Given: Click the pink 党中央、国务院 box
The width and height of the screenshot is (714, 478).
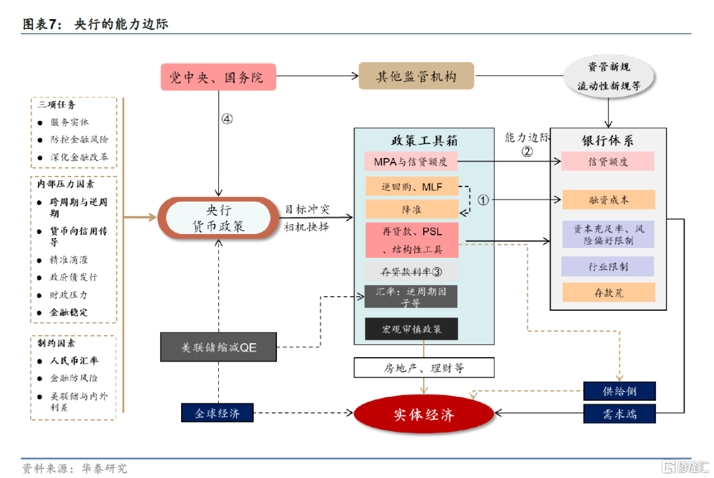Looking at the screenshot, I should click(218, 77).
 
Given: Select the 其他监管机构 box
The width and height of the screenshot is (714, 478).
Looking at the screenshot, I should click(416, 77).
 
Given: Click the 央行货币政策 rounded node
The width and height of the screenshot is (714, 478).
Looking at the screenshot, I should click(219, 218).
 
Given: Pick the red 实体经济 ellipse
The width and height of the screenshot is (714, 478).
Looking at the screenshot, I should click(424, 415).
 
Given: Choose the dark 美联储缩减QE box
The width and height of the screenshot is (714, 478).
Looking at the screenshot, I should click(218, 347).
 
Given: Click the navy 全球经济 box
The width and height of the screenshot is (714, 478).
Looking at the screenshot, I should click(218, 413).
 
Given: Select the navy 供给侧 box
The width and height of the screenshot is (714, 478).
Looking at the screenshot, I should click(619, 391).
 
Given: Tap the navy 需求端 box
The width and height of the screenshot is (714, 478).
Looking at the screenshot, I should click(619, 415).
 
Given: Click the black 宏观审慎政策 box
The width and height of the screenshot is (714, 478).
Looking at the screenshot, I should click(411, 329).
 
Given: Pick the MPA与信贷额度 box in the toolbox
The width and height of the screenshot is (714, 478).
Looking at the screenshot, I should click(411, 161).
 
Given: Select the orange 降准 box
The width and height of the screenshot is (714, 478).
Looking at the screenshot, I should click(411, 210).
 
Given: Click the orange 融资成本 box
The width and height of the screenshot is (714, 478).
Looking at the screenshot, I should click(608, 200).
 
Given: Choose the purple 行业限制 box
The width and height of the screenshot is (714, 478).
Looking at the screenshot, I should click(608, 267).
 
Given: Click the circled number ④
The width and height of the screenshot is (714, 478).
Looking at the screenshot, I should click(227, 119).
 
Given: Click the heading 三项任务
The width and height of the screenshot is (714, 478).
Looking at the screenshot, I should click(57, 105).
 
